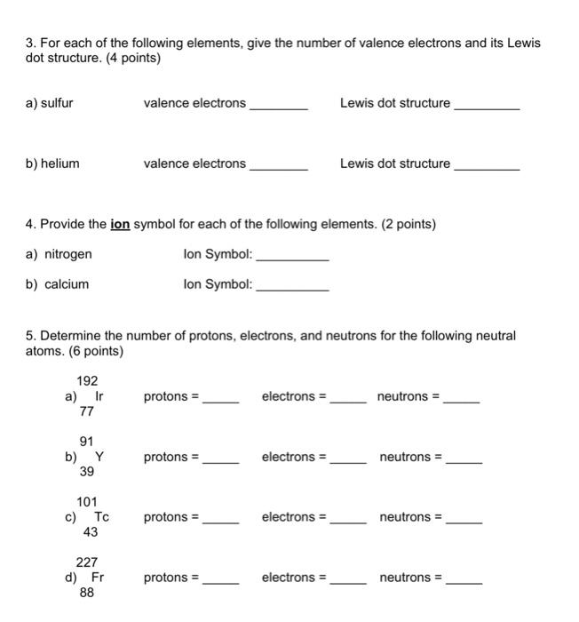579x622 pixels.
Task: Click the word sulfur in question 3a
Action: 55,103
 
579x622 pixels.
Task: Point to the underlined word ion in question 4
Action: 120,225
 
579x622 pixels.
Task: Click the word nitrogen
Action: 67,254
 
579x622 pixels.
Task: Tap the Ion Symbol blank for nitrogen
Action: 292,257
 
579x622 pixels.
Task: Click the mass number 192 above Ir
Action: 87,380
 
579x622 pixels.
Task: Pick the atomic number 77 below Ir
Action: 87,412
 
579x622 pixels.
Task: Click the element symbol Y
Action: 99,457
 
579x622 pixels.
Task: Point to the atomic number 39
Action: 87,473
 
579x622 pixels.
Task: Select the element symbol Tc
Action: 102,517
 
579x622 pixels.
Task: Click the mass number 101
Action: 87,501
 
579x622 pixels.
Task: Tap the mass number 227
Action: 87,562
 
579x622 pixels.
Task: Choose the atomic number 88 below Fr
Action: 87,594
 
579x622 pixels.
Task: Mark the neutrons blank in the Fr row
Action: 464,580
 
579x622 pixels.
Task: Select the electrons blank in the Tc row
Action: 348,520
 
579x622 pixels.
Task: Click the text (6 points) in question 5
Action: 92,352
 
